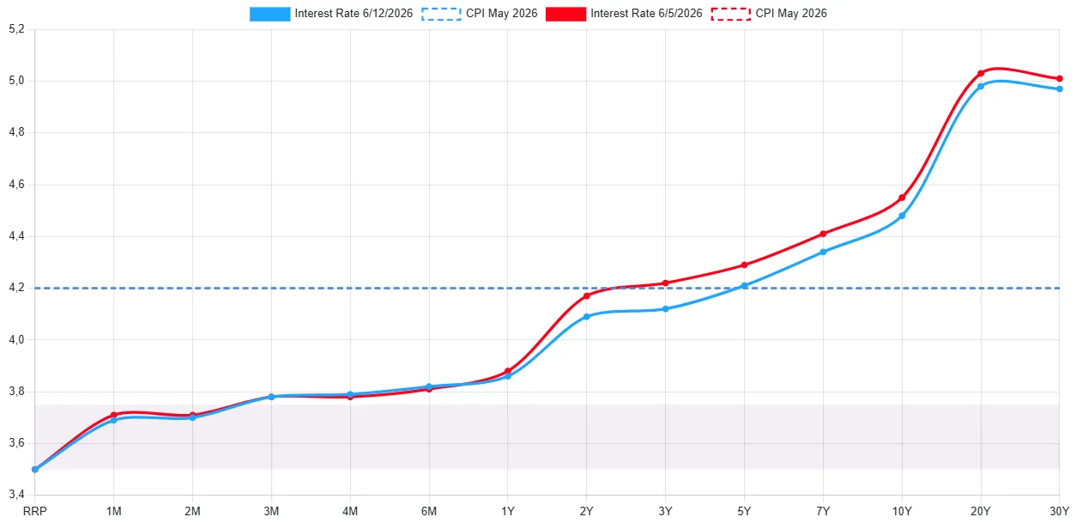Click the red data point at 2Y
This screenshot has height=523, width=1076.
(587, 295)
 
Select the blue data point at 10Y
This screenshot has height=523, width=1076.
(902, 216)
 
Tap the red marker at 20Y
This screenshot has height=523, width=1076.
(981, 74)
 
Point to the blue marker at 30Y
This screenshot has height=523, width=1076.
(1059, 89)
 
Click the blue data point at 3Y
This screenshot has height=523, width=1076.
(665, 309)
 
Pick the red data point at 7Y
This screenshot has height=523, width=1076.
(823, 234)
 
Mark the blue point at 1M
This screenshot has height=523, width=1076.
(114, 420)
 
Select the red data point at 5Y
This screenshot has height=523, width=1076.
(744, 265)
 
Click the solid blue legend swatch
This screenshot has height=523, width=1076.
(270, 14)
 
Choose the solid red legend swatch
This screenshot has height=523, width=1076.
(565, 14)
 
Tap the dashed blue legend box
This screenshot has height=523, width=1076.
(441, 14)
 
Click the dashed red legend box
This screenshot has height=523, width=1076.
(731, 14)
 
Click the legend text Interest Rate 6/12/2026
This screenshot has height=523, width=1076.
(354, 14)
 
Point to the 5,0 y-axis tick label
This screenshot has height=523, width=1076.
(16, 80)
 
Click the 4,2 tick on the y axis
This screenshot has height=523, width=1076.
(16, 288)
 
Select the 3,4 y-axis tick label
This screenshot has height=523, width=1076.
(16, 494)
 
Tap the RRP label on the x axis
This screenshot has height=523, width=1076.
(35, 512)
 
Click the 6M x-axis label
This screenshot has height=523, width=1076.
(429, 512)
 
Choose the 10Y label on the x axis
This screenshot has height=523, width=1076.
(902, 512)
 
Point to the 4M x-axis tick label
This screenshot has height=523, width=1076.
(350, 512)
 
